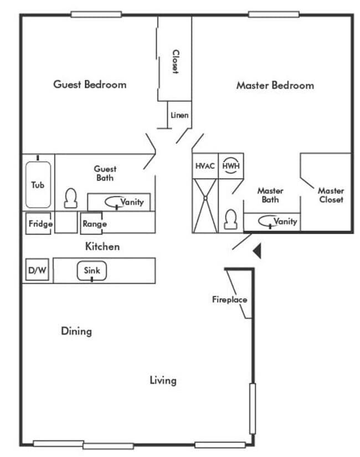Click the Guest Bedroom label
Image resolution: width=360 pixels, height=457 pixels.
(90, 85)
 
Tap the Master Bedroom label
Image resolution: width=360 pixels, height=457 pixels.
(275, 85)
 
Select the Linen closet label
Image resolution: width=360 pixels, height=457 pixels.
(179, 116)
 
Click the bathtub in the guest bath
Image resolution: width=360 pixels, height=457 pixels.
(38, 184)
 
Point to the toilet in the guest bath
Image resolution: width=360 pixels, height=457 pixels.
(70, 198)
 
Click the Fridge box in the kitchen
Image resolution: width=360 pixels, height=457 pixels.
(40, 224)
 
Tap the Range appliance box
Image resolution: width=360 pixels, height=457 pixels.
(94, 224)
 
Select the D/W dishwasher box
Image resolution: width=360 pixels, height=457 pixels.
(37, 271)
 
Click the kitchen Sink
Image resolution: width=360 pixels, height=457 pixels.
(91, 271)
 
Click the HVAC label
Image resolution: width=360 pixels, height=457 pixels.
(205, 165)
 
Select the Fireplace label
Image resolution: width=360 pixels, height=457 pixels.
(229, 300)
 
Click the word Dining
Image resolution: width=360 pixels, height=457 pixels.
(76, 331)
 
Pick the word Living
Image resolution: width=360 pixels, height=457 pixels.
(163, 380)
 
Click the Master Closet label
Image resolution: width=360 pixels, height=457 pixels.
(331, 195)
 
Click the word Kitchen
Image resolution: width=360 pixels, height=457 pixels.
(102, 246)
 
